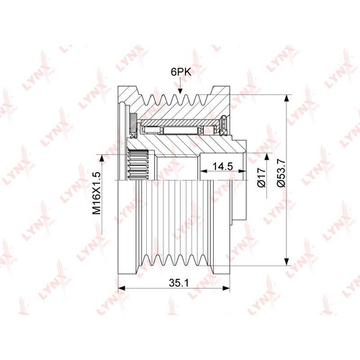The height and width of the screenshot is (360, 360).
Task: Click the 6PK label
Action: click(x=181, y=72)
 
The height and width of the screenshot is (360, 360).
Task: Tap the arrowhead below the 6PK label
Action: click(x=180, y=91)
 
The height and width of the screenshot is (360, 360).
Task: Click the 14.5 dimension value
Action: click(x=223, y=166)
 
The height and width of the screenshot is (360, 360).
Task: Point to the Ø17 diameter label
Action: click(x=261, y=177)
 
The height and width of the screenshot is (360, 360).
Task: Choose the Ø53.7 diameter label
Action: click(x=281, y=173)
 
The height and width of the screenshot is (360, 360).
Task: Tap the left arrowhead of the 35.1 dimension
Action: click(x=122, y=288)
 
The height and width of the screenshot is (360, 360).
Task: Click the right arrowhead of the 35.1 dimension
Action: click(x=226, y=288)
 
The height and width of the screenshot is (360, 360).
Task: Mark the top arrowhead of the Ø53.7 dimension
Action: click(x=287, y=99)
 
